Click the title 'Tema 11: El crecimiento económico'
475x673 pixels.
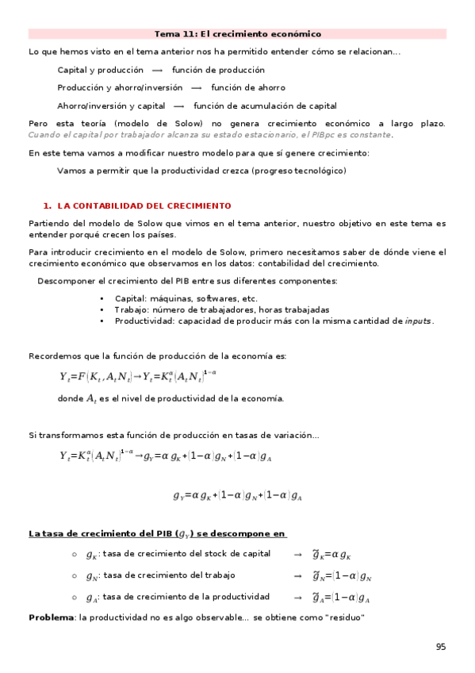point(237,34)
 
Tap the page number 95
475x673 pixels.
point(441,647)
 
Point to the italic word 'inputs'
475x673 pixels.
point(418,321)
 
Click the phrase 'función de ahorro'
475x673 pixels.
point(247,87)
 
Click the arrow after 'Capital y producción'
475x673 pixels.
point(157,70)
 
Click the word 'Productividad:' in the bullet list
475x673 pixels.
point(144,321)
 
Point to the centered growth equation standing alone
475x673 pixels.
point(238,496)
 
